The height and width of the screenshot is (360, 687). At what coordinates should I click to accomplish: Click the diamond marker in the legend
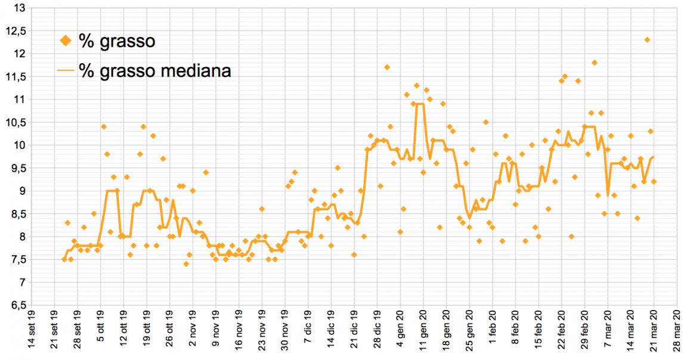click(66, 41)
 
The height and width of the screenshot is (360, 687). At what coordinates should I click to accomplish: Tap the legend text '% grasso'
click(117, 41)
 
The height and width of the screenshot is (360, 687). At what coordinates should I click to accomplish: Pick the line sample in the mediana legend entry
click(66, 70)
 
